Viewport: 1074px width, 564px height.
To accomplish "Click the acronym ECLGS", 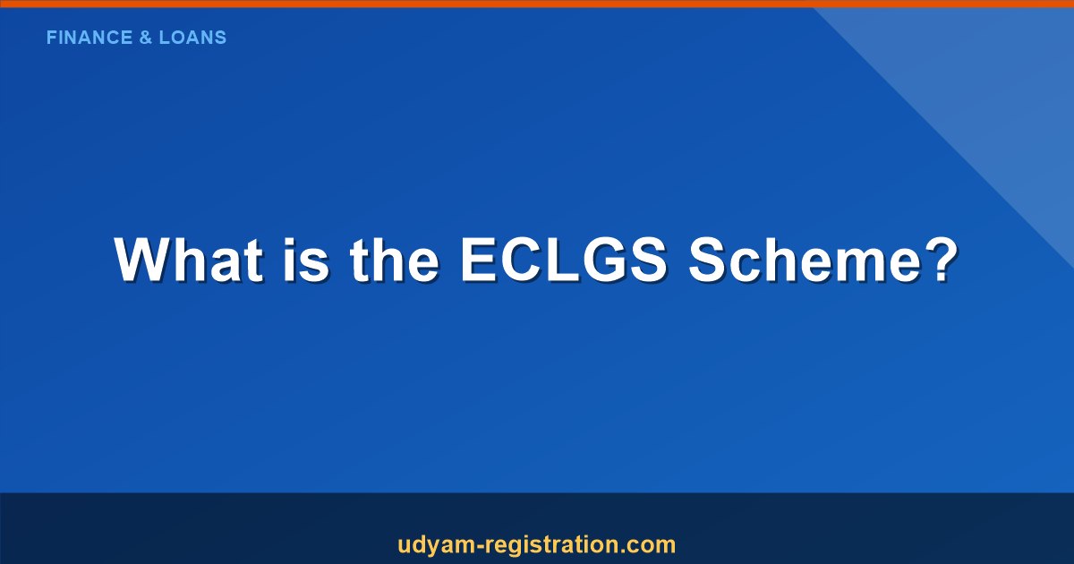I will pos(562,261).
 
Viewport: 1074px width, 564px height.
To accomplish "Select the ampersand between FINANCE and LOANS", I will pos(144,38).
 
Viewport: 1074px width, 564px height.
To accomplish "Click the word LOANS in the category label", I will pos(192,38).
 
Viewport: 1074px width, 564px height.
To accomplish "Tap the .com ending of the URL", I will pos(646,544).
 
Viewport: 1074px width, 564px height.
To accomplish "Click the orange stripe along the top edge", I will pos(537,4).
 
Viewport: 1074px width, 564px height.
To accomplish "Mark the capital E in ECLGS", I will pos(478,261).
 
